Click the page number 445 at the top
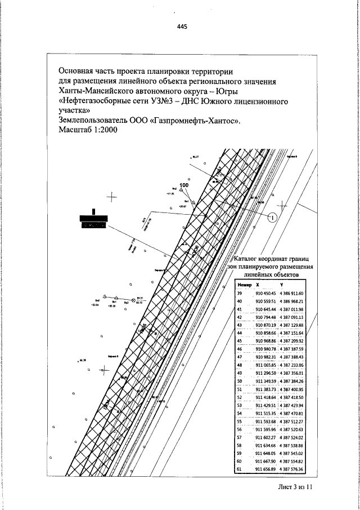coord(181,26)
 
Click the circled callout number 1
coord(272,217)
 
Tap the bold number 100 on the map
coord(184,185)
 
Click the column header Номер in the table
coord(244,285)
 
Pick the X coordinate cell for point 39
coord(266,294)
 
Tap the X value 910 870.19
coord(266,325)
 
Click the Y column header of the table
coord(281,285)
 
